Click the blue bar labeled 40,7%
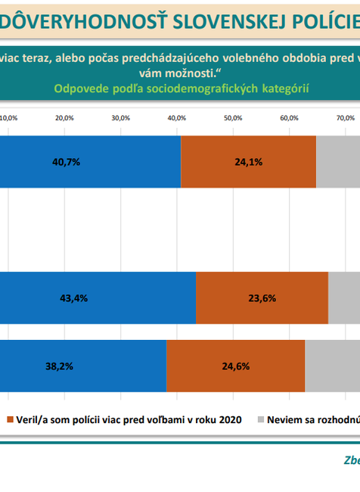[x=91, y=161]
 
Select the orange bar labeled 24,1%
[x=249, y=161]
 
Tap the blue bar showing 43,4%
[x=98, y=297]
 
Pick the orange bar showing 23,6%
[x=262, y=297]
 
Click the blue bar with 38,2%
[x=83, y=366]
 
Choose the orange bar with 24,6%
[x=235, y=366]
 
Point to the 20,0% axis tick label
[x=64, y=118]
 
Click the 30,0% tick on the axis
[x=120, y=118]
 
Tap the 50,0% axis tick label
[x=232, y=118]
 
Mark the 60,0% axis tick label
[x=288, y=118]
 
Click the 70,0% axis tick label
[x=345, y=118]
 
